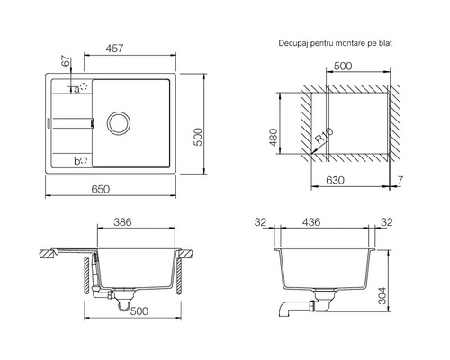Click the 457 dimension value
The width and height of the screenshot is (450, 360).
coord(114,49)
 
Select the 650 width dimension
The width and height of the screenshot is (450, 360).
coord(101,189)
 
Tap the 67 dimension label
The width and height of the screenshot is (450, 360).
coord(66,61)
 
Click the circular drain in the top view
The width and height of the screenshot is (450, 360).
coord(119,122)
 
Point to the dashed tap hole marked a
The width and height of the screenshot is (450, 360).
coord(84,87)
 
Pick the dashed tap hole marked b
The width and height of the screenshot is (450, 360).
coord(84,160)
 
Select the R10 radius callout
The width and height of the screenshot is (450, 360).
coord(324,135)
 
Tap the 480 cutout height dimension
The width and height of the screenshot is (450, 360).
coord(273,138)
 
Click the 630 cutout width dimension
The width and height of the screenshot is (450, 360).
coord(335,180)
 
